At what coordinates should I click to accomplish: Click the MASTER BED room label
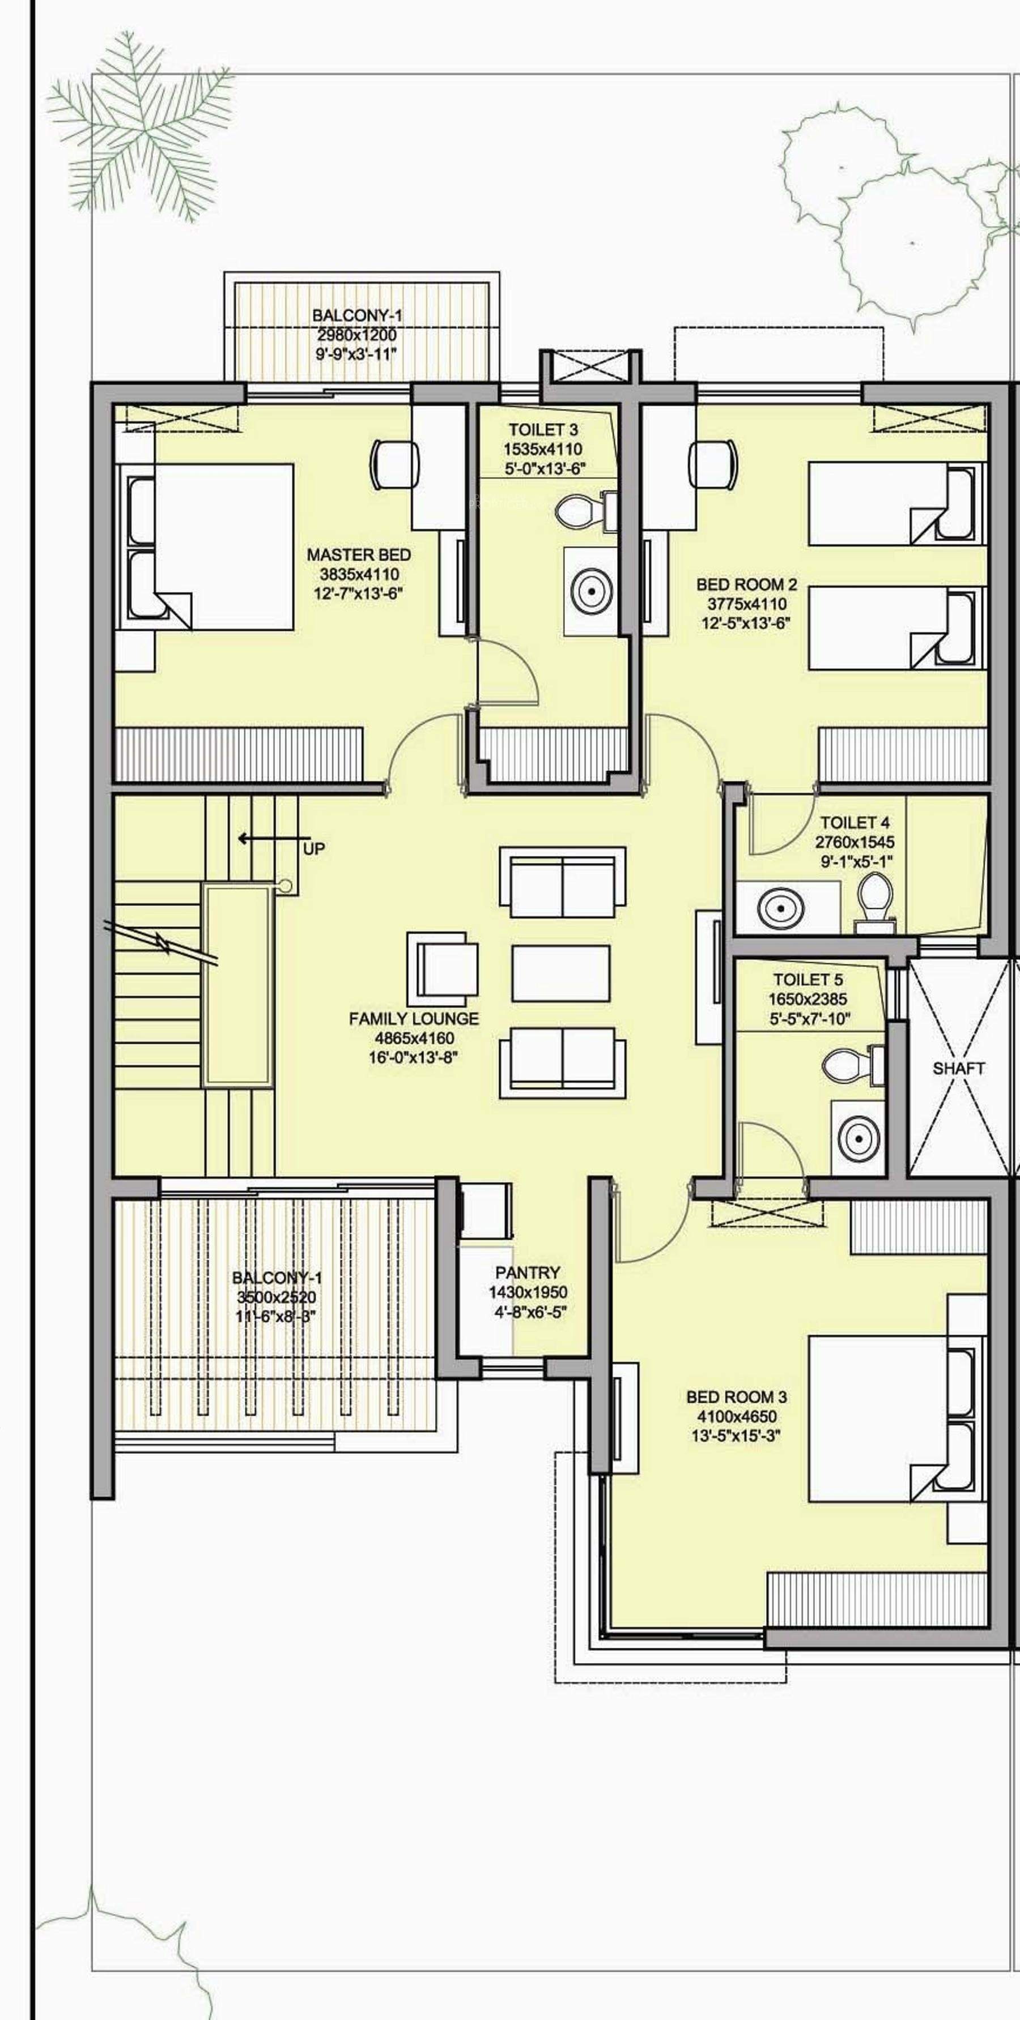coord(359,554)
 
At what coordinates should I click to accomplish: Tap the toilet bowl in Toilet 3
coord(579,510)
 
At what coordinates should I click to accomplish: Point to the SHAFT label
coord(958,1068)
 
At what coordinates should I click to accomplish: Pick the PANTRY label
coord(527,1272)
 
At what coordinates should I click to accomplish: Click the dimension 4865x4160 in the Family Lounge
coord(414,1037)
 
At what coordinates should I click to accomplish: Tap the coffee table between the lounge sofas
coord(560,973)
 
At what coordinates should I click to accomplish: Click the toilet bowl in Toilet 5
coord(847,1064)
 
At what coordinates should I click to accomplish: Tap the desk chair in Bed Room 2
coord(713,463)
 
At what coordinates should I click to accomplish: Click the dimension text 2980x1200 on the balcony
coord(357,335)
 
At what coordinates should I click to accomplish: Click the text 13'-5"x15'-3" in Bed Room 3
coord(736,1436)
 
